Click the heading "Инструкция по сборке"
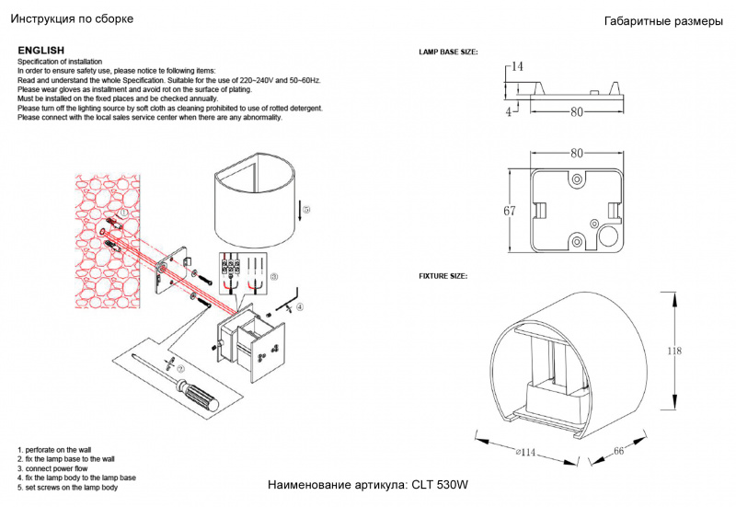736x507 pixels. pyautogui.click(x=71, y=19)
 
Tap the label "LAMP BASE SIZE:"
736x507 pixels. pyautogui.click(x=448, y=53)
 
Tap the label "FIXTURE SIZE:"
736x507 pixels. pyautogui.click(x=443, y=276)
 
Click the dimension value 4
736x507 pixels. pyautogui.click(x=508, y=111)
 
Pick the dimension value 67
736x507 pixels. pyautogui.click(x=509, y=211)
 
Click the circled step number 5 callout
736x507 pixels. pyautogui.click(x=306, y=210)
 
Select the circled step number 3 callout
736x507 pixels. pyautogui.click(x=273, y=277)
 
